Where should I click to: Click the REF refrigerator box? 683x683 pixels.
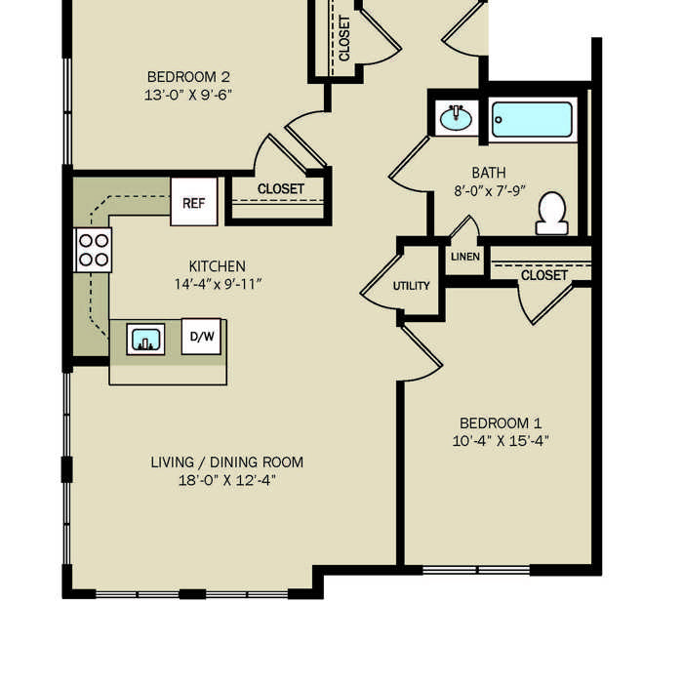194,202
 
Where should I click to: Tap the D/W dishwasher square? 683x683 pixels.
201,337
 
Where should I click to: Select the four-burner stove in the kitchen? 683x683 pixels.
94,251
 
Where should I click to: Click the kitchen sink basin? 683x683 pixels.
145,339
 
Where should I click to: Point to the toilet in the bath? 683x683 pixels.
552,214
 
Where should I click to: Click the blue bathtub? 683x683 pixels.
533,119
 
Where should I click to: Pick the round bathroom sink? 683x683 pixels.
456,118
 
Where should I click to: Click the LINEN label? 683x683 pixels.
465,257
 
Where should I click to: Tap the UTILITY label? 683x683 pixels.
411,286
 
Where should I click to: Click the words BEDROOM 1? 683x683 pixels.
501,422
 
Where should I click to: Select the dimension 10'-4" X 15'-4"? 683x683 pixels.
501,441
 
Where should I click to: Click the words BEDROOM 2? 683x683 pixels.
188,77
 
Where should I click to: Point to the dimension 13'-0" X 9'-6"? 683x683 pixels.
187,95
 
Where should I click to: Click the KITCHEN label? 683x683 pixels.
217,266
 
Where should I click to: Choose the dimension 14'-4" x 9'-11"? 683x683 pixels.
218,284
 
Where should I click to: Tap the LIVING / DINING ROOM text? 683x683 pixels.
227,462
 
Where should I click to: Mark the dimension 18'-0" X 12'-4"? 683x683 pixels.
227,480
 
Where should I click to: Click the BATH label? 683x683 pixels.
489,173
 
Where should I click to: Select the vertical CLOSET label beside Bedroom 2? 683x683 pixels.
344,38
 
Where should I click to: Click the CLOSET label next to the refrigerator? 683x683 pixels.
281,189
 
